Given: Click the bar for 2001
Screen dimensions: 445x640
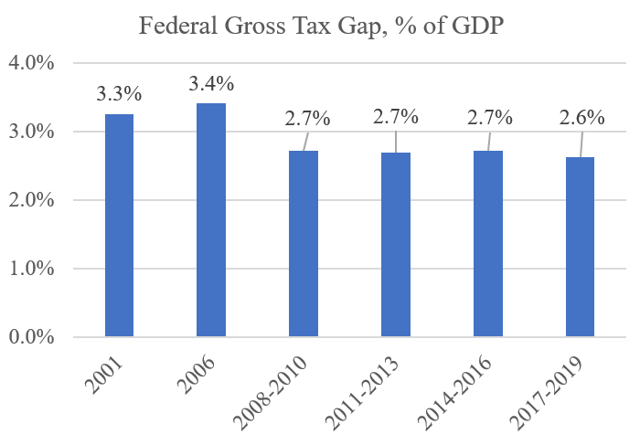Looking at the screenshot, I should [119, 226].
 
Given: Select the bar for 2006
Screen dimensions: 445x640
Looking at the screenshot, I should [211, 220].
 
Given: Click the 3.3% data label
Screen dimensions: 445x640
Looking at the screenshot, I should [120, 93].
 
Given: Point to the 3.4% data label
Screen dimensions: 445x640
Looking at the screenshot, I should [211, 84].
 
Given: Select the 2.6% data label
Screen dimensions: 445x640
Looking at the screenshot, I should [583, 117].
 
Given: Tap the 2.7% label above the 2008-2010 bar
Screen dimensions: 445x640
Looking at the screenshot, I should [308, 118].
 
